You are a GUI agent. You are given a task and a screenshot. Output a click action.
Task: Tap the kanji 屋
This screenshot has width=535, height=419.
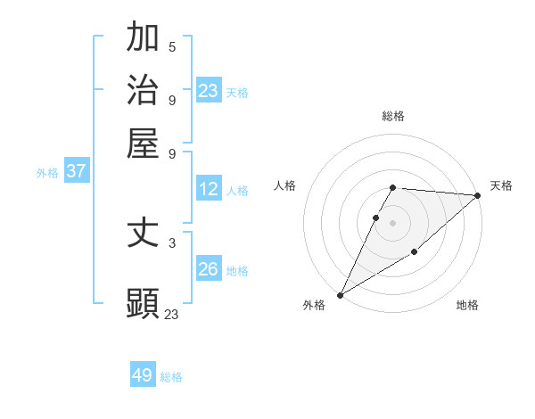click(143, 143)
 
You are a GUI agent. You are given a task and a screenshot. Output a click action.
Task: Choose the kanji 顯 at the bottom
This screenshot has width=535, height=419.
click(143, 302)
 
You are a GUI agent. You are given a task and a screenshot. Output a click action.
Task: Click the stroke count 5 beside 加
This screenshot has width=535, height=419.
click(172, 46)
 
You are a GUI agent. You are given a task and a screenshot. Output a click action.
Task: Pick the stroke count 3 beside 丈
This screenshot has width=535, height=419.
click(172, 242)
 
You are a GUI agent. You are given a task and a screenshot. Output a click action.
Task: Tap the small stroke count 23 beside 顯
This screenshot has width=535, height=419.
click(172, 314)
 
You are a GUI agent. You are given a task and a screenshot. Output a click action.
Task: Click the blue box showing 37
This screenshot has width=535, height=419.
click(76, 171)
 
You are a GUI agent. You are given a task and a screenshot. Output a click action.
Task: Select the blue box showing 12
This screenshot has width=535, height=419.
click(209, 189)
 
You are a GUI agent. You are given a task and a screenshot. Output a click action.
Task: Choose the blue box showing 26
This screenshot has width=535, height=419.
click(209, 269)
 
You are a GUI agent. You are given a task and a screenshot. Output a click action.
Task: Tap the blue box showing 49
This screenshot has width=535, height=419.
click(143, 375)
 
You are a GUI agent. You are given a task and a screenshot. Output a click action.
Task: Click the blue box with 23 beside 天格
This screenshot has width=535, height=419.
click(209, 91)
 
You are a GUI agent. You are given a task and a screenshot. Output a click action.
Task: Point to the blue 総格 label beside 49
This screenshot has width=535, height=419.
click(171, 377)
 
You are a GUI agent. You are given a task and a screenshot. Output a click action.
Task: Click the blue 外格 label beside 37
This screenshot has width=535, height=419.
click(47, 173)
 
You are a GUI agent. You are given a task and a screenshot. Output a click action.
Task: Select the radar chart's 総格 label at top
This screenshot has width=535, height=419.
click(392, 116)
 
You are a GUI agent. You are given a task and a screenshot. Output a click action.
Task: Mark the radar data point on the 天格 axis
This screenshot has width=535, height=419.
click(478, 195)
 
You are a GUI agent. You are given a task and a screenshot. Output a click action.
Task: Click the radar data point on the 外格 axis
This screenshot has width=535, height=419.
click(340, 294)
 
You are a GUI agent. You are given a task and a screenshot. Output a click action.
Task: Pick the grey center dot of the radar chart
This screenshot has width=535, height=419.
click(392, 222)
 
